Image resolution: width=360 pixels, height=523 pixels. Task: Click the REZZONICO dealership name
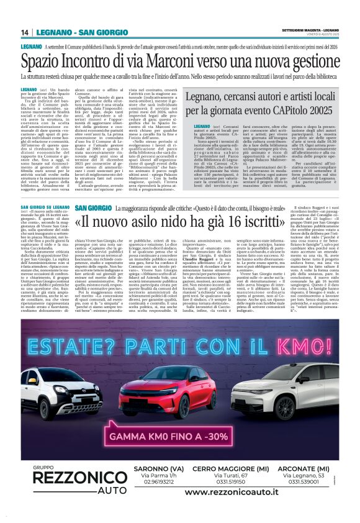pyautogui.click(x=72, y=478)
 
